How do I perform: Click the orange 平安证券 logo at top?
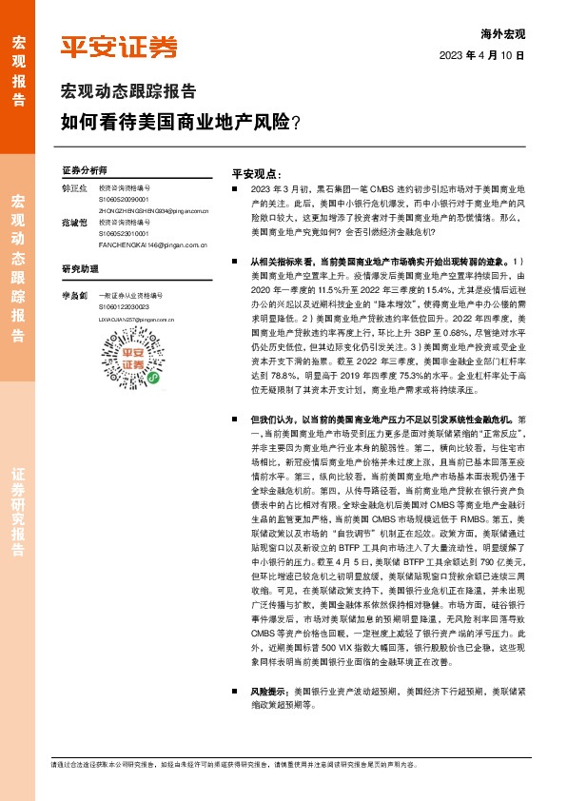pyautogui.click(x=119, y=47)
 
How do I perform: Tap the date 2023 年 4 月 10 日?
pyautogui.click(x=482, y=55)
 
